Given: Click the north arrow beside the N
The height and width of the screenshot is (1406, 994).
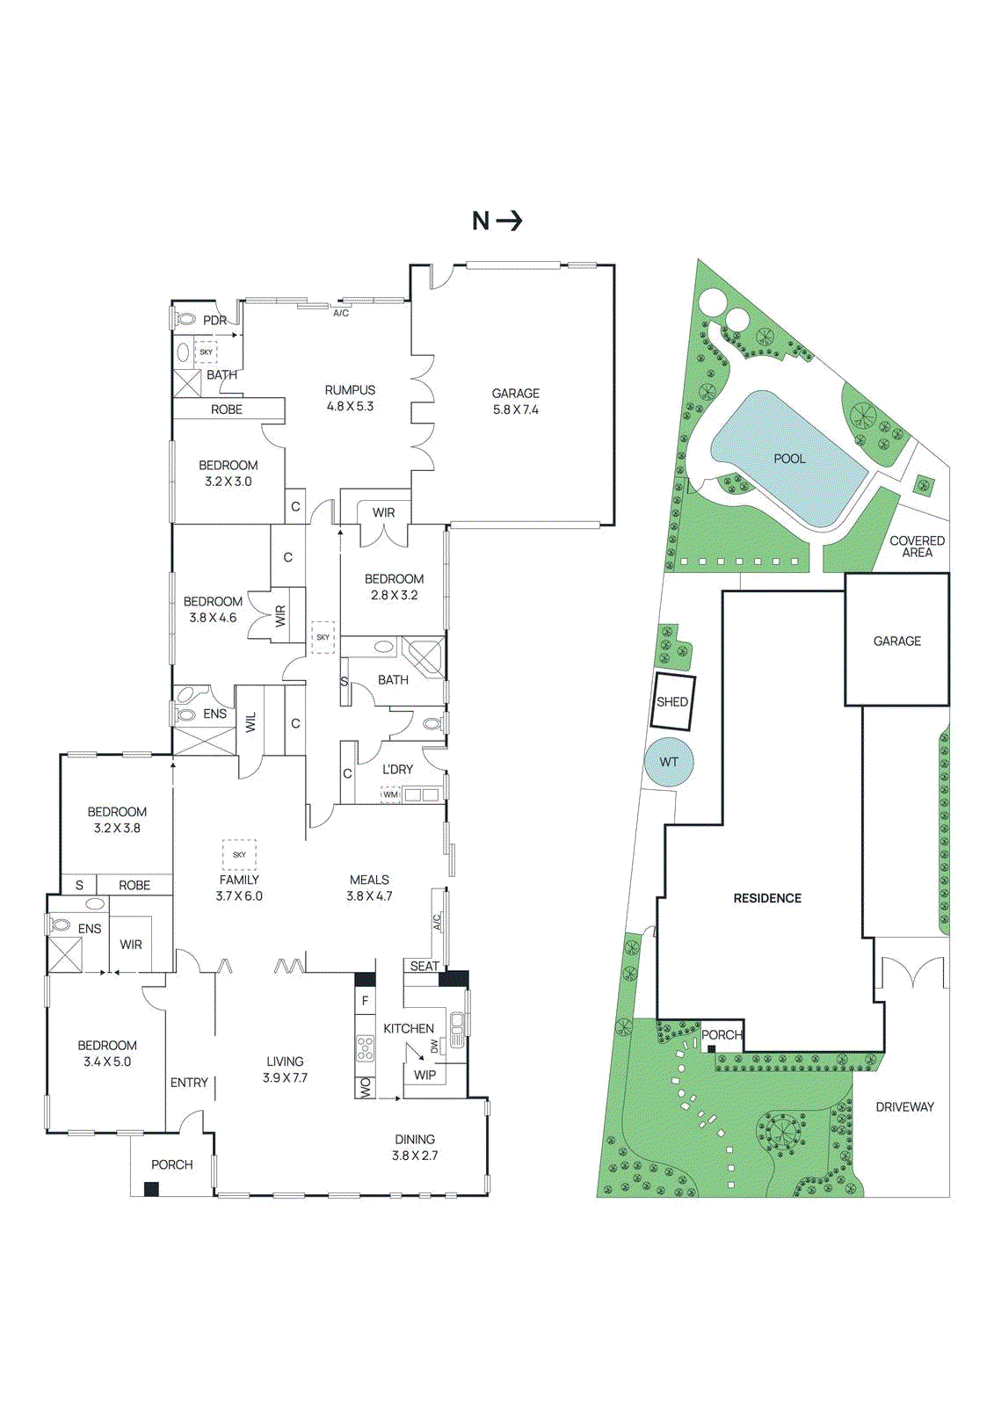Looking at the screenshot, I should [x=510, y=221].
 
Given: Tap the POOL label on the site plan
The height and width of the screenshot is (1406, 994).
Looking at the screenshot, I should [x=789, y=459].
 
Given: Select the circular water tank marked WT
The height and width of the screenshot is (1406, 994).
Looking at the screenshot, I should [x=669, y=762].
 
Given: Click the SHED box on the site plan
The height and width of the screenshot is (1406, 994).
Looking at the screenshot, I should [x=672, y=702].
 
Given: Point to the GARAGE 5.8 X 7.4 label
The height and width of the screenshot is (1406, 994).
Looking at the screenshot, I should [x=516, y=402].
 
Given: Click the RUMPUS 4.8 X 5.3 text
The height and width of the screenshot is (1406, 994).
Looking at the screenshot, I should [x=350, y=398].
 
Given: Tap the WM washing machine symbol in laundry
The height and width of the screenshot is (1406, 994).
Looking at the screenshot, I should [x=390, y=794].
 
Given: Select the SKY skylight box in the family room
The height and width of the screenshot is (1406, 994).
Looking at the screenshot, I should [x=239, y=854].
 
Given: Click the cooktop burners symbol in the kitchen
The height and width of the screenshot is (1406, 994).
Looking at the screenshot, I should [x=365, y=1047].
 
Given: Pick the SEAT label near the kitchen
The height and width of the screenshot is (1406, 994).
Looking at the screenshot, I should [x=424, y=966].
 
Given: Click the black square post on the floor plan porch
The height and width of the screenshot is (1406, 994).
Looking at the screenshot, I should [x=151, y=1189].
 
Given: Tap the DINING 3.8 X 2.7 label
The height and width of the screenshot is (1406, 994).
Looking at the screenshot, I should [x=415, y=1148].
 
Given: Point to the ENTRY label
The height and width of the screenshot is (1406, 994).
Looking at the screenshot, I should [x=189, y=1083].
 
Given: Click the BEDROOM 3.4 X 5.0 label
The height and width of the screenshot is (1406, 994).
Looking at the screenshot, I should [x=107, y=1054].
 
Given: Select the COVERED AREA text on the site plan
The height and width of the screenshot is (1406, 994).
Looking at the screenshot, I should [x=917, y=547].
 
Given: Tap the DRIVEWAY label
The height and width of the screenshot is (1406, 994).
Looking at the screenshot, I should [x=904, y=1107].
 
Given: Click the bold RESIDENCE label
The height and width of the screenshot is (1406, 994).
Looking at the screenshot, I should [x=767, y=898].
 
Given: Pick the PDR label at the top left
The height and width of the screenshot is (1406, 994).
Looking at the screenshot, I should [x=214, y=321].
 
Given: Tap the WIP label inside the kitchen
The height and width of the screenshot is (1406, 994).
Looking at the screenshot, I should [x=424, y=1075].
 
